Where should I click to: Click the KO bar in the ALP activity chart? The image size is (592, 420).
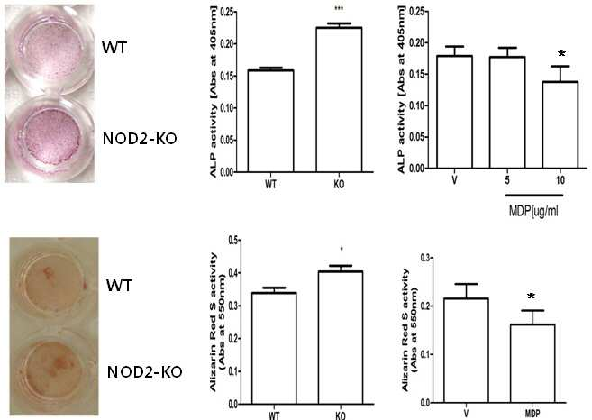click(339, 99)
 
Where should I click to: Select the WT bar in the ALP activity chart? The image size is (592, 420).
click(270, 121)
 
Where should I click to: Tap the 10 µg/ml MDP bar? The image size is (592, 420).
click(560, 124)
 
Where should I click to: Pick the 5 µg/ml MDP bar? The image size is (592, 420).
click(507, 112)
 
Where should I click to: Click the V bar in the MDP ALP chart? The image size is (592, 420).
click(454, 112)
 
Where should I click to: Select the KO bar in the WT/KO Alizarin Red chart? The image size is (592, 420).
click(341, 338)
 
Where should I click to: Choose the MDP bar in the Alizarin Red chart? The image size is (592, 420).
click(533, 363)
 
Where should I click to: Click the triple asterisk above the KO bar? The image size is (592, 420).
click(339, 7)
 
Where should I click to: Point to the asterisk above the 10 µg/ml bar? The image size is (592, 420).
click(561, 54)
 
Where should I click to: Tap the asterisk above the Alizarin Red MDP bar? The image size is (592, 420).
click(532, 297)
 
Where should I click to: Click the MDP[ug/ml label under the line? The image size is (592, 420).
click(533, 211)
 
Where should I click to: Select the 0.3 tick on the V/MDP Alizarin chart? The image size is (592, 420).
click(425, 258)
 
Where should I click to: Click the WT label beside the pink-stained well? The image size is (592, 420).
click(114, 48)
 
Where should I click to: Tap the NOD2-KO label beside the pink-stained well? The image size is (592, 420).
click(140, 139)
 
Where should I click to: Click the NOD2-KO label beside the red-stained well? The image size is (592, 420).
click(144, 372)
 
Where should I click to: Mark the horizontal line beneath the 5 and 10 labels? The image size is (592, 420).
click(534, 196)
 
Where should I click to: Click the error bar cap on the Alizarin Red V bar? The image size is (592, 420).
click(466, 284)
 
